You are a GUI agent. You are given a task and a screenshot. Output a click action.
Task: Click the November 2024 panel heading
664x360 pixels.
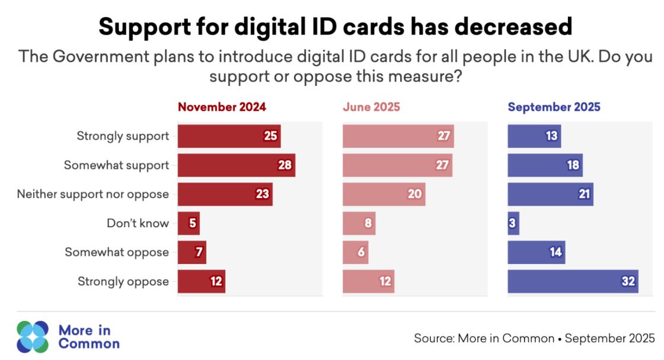222,107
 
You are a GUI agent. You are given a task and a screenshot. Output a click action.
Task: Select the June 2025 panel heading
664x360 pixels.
371,107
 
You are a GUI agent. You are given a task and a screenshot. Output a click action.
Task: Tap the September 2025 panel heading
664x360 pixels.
554,107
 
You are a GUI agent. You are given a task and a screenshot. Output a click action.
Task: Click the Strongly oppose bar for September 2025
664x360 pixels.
573,281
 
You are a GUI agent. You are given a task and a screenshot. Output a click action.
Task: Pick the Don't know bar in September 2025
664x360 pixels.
513,223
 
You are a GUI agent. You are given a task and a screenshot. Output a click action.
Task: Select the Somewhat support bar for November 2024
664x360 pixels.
236,165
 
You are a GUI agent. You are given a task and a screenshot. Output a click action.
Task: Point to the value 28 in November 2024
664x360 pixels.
285,165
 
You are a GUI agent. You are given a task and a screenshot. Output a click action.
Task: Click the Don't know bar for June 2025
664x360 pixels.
359,223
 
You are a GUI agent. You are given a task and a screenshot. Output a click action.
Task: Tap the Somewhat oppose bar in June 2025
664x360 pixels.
355,252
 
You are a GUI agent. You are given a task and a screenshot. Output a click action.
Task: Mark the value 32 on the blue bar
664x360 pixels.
628,281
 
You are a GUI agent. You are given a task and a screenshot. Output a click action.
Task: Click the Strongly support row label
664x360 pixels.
123,136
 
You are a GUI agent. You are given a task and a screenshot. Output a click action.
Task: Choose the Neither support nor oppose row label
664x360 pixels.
93,194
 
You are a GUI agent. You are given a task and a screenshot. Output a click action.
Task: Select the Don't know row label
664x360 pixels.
138,224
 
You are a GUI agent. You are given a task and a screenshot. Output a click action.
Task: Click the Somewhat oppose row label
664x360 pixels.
117,253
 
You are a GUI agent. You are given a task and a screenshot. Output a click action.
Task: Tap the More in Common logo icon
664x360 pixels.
33,336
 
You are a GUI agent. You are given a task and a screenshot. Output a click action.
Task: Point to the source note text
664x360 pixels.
534,338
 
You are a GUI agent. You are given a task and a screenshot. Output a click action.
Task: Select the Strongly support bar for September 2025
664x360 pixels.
534,136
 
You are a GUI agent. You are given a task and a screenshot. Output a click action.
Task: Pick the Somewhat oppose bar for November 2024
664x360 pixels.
191,252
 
